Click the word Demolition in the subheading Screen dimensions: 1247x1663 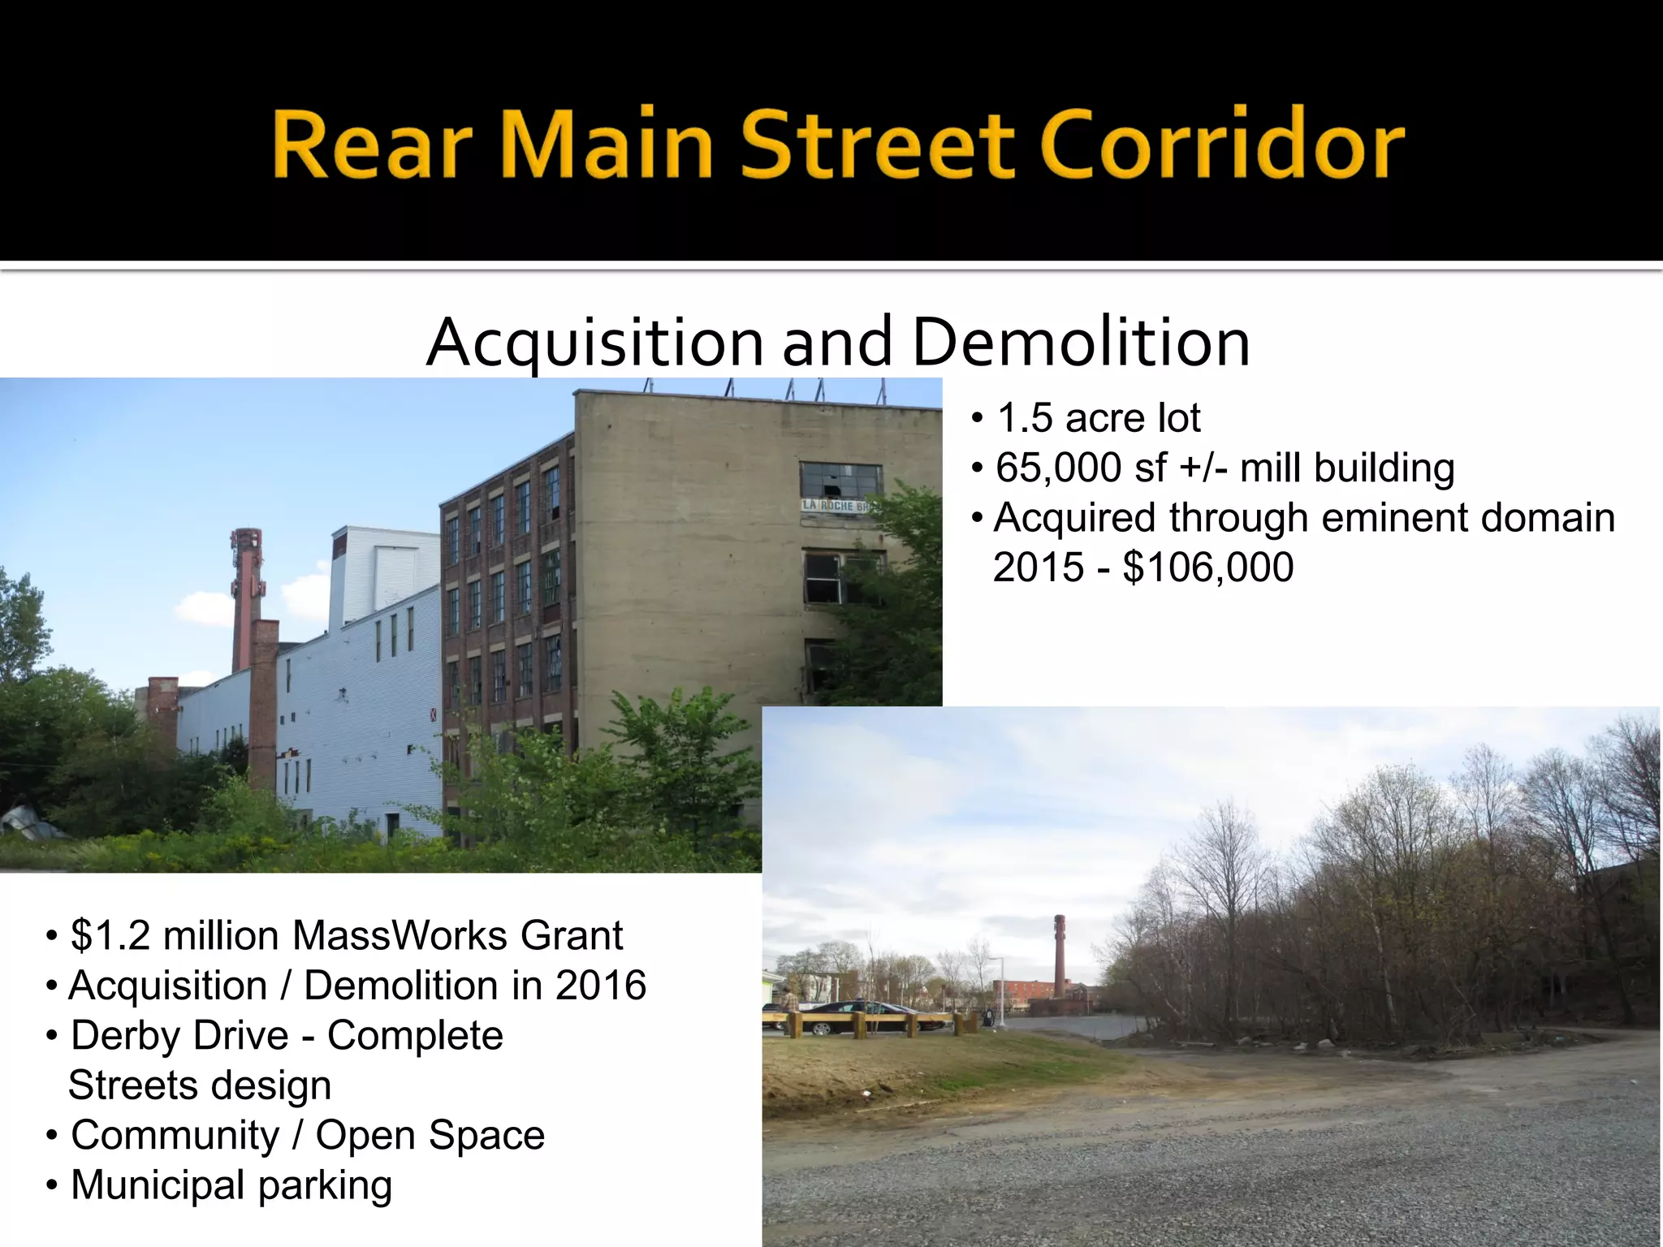point(1081,343)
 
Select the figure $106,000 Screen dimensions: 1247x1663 point(1208,567)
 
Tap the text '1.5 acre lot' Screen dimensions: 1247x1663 point(1098,419)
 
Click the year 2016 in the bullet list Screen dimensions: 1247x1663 point(601,986)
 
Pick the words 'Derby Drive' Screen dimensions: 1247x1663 point(179,1036)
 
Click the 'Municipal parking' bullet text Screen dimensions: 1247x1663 point(231,1185)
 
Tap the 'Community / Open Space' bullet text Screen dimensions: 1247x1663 point(308,1135)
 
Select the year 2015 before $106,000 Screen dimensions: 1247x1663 point(1038,567)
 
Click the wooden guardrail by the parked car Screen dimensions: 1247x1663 point(877,1020)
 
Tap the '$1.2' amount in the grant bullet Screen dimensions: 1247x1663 point(110,936)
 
